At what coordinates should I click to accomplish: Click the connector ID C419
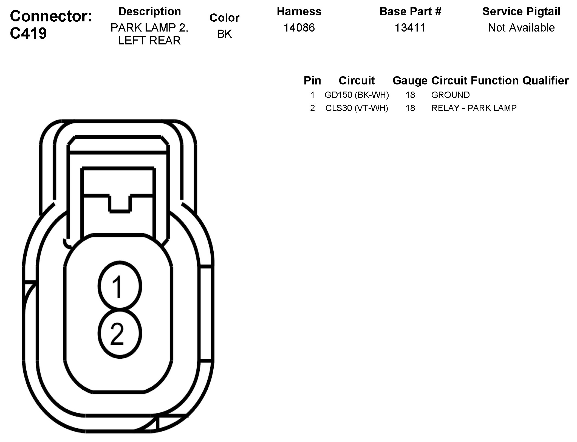[29, 33]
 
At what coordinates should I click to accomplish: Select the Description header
[149, 12]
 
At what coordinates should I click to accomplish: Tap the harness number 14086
[299, 28]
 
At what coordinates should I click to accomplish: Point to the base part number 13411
[410, 28]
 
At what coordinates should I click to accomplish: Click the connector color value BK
[224, 34]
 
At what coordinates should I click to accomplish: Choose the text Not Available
[521, 28]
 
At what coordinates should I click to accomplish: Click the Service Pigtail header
[521, 12]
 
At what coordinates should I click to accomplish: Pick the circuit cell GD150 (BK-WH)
[357, 95]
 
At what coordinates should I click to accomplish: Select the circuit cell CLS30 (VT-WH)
[357, 108]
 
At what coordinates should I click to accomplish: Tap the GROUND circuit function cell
[450, 95]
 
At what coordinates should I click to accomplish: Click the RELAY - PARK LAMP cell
[474, 108]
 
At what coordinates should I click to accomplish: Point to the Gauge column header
[410, 81]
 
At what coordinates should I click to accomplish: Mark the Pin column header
[312, 81]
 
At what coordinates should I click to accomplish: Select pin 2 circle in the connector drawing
[120, 333]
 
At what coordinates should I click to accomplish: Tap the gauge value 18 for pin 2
[410, 108]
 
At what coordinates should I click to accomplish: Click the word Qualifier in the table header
[545, 81]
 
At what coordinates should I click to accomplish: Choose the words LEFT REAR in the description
[149, 41]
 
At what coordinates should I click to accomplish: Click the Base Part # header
[410, 12]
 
